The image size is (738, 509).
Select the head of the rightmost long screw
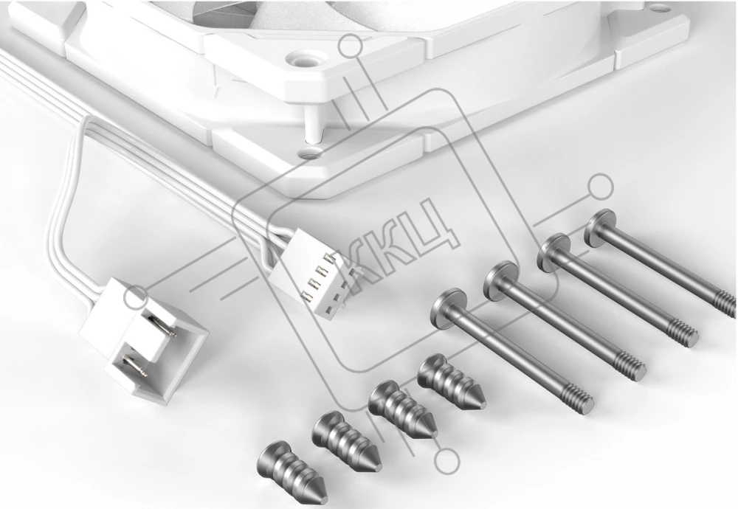tap(600, 226)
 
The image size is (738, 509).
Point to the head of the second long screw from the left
tap(501, 280)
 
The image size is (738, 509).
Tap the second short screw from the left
tap(346, 442)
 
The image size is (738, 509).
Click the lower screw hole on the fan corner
tap(310, 152)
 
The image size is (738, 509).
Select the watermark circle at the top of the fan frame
tap(350, 46)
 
